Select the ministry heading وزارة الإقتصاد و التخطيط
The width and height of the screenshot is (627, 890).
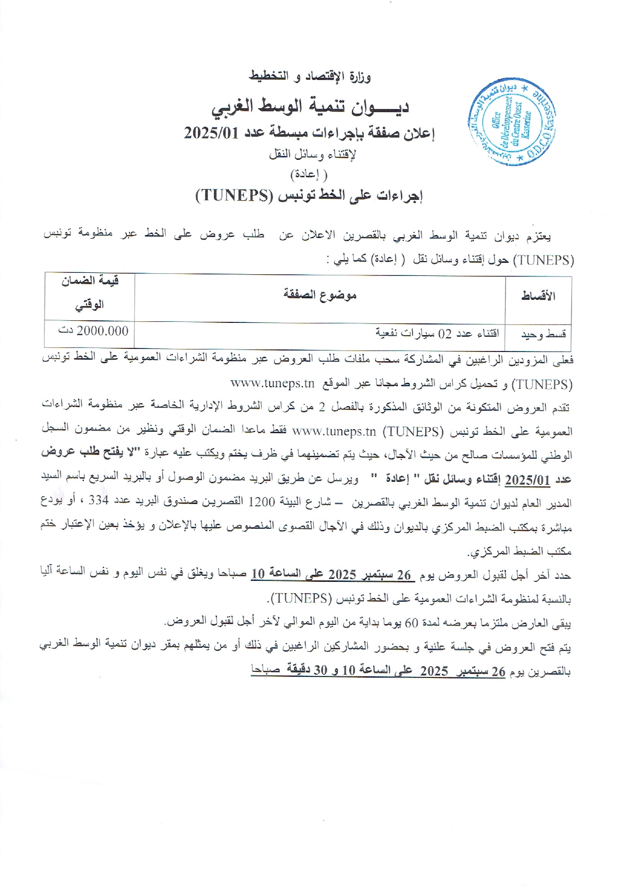tap(310, 77)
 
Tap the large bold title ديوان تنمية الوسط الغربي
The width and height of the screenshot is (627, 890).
tap(310, 106)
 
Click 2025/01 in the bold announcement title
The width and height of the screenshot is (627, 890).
tap(212, 133)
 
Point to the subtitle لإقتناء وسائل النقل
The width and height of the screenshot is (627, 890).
tap(312, 154)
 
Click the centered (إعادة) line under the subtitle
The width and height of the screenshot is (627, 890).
tap(309, 174)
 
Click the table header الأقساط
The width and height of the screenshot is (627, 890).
tap(538, 296)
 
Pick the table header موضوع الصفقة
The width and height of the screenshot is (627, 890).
tap(320, 295)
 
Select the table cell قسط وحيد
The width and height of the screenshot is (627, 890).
tap(543, 335)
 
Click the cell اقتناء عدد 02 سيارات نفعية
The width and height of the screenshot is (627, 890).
tap(437, 334)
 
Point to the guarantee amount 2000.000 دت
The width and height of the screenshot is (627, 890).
tap(94, 331)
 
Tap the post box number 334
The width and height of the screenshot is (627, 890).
tap(99, 501)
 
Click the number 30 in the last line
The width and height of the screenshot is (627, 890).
tap(320, 670)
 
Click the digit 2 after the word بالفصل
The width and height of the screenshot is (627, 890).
tap(321, 407)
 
